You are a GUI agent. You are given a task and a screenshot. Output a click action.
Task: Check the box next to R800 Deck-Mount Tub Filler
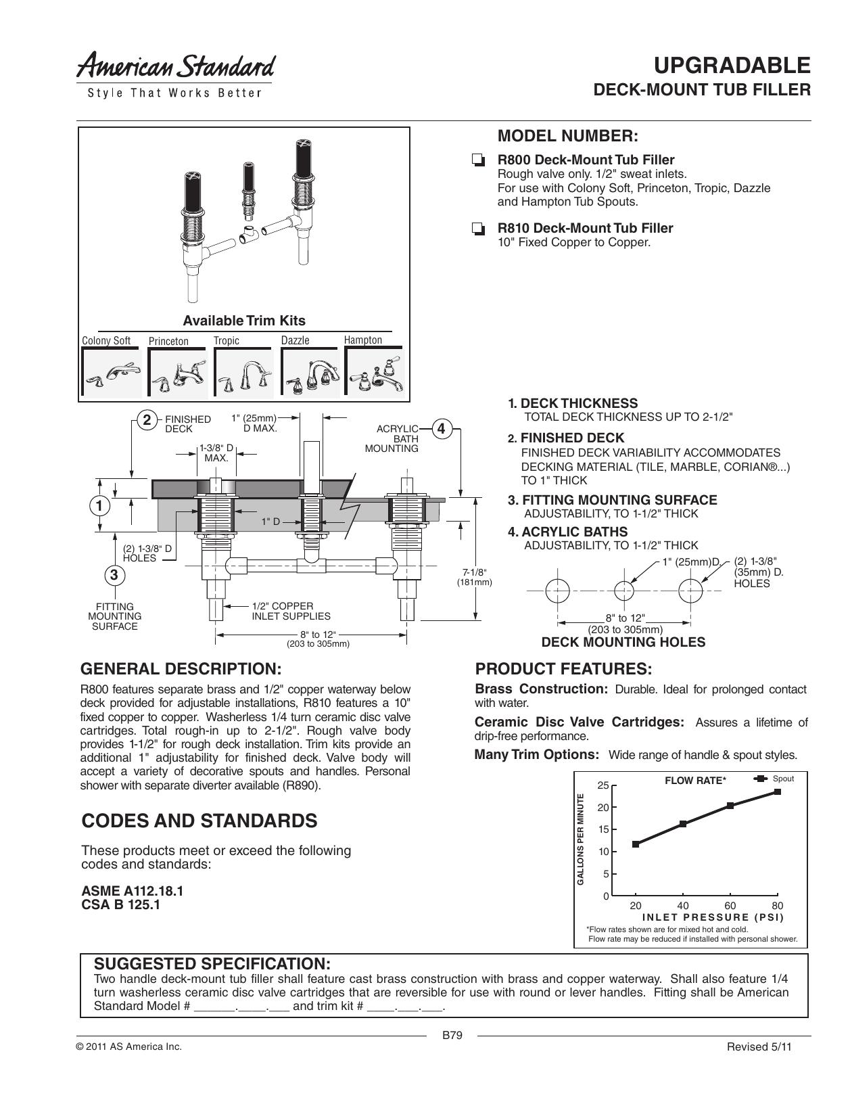coord(477,161)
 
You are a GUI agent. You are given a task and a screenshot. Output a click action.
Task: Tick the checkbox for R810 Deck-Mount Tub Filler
coord(477,229)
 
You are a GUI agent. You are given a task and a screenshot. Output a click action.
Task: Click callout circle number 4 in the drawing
coord(441,429)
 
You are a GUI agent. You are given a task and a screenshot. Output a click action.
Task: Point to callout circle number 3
coord(114,574)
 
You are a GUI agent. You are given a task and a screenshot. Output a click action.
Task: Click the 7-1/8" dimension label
coord(474,576)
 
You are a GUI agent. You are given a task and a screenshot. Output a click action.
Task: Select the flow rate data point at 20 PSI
coord(635,844)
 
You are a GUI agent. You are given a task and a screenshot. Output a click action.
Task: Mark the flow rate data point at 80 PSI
coord(778,791)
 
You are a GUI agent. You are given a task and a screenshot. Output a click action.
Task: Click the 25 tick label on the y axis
coord(603,785)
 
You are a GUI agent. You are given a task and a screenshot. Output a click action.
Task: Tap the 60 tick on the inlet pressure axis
coord(730,905)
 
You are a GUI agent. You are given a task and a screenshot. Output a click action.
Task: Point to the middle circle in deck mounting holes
coord(624,591)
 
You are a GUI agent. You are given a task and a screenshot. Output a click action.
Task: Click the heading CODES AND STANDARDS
coord(199,821)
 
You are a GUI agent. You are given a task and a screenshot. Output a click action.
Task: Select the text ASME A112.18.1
coord(132,891)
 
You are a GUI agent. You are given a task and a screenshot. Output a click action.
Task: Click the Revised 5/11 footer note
coord(759,1046)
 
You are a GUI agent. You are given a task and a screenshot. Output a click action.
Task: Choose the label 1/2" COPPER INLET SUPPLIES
coord(291,611)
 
